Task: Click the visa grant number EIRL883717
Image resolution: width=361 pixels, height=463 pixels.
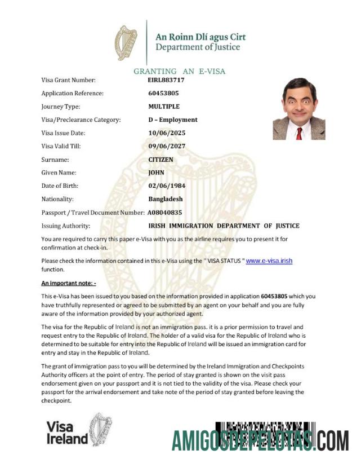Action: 166,80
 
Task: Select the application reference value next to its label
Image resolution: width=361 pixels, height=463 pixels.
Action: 163,93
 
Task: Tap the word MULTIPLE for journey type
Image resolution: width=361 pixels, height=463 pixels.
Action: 164,107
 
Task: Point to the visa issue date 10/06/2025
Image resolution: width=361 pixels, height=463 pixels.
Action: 167,133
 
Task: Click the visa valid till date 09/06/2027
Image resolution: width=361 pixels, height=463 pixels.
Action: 167,146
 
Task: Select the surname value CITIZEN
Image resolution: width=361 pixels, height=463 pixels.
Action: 161,160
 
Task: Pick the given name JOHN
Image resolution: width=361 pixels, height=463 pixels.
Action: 156,173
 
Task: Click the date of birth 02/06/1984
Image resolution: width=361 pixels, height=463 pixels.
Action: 167,186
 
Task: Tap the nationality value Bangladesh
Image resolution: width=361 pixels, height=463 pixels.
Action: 166,199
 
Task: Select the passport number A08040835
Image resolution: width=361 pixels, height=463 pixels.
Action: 164,213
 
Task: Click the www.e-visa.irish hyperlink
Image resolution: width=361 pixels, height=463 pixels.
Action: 269,261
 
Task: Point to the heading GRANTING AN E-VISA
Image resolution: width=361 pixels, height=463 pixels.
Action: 179,71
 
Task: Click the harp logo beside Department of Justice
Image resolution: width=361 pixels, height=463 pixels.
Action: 126,43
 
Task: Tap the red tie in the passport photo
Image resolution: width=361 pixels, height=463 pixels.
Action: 298,133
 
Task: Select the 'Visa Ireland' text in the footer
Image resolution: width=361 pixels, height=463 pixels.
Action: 67,433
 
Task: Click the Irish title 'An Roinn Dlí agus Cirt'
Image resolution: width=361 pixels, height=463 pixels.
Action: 200,37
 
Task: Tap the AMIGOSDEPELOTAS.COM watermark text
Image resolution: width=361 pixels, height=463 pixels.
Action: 260,439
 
